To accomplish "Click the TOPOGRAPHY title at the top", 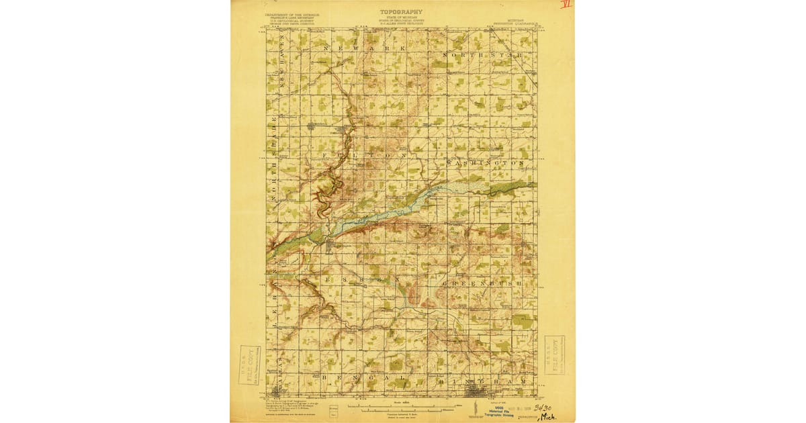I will (x=402, y=11).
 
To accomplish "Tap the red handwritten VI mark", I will (x=566, y=5).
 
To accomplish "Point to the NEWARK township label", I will (x=363, y=48).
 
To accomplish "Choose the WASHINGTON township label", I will (x=484, y=162).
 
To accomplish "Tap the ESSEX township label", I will (x=363, y=278).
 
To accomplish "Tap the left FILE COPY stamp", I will (x=250, y=365).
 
